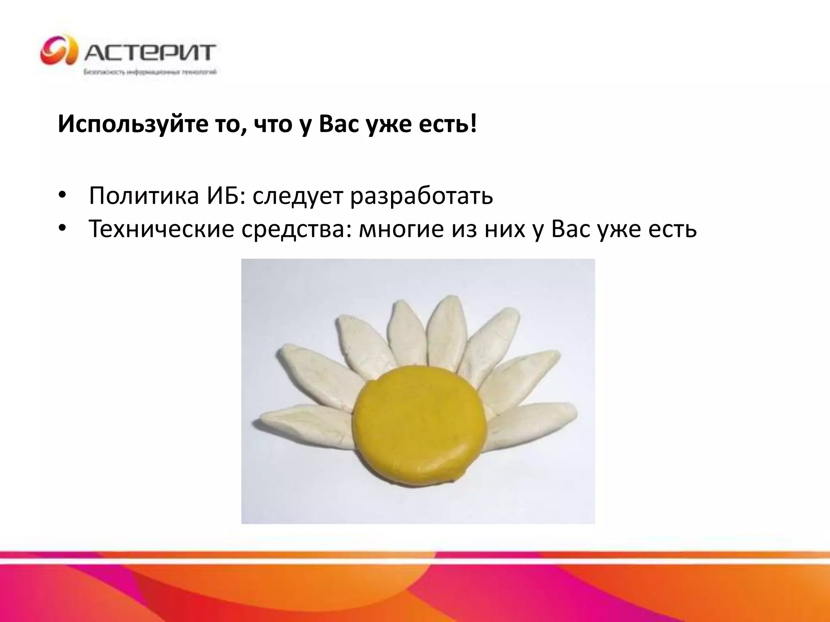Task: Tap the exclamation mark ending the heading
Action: pyautogui.click(x=474, y=124)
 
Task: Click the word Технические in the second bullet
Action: pyautogui.click(x=161, y=229)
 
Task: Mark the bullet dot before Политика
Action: pyautogui.click(x=62, y=196)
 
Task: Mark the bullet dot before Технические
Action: pyautogui.click(x=62, y=229)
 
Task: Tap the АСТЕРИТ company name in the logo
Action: pyautogui.click(x=150, y=52)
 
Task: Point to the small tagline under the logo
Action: pyautogui.click(x=150, y=72)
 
